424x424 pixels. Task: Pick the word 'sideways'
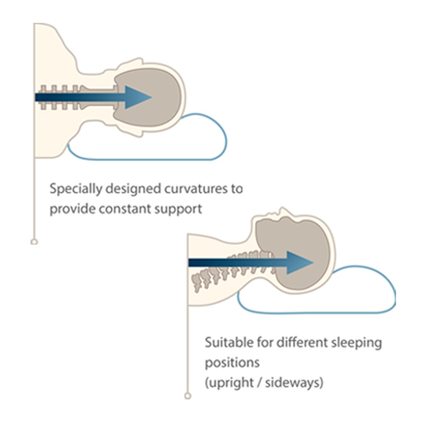[296, 383]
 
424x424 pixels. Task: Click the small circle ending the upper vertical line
[34, 242]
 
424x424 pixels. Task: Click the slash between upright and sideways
[260, 383]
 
